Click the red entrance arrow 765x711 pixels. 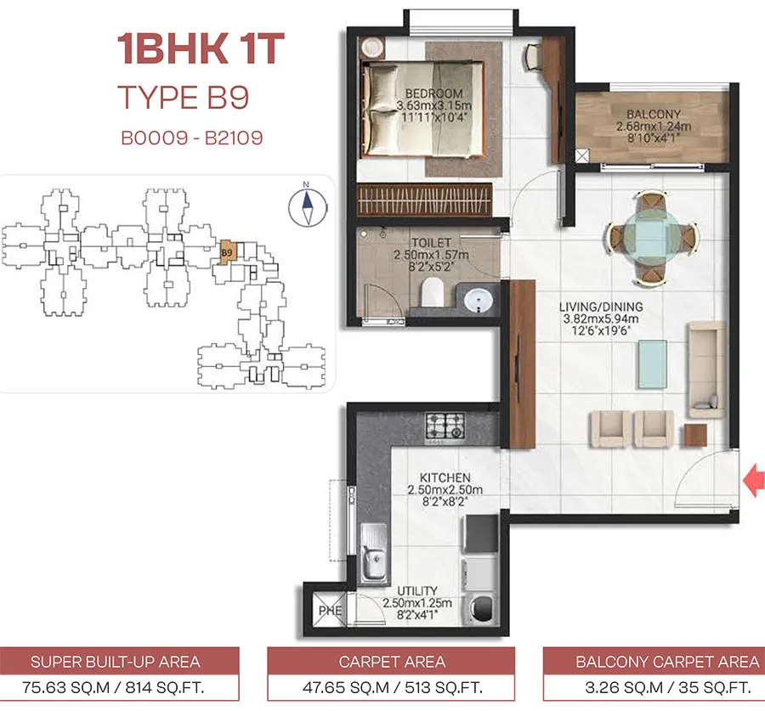coord(754,480)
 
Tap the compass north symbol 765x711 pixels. coord(307,206)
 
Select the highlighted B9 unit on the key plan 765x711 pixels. coord(227,252)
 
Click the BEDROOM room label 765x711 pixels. coord(433,93)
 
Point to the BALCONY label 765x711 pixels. coord(654,114)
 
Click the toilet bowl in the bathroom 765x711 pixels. coord(432,291)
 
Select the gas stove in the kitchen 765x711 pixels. coord(445,426)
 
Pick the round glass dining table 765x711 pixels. coord(652,238)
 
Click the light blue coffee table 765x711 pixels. coord(652,364)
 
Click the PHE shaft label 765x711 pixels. coord(331,611)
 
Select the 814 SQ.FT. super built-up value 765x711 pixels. coord(165,687)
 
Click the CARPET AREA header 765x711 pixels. coord(392,662)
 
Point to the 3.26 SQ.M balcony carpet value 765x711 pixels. coord(624,687)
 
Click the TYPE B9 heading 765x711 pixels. coord(184,97)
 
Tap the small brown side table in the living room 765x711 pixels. coord(695,435)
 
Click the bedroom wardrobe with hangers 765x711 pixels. coord(424,200)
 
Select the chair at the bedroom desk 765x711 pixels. coord(533,58)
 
